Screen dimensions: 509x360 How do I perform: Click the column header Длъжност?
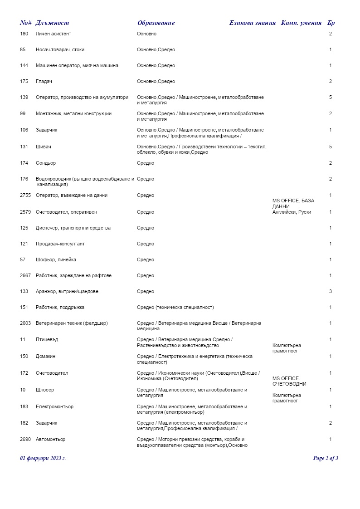pos(52,23)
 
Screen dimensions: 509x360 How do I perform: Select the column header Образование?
pos(156,23)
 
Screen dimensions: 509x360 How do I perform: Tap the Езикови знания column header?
pos(252,23)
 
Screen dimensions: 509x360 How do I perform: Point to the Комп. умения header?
pos(302,23)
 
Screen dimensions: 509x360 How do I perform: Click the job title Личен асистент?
pos(54,34)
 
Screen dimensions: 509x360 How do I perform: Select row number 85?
pos(23,50)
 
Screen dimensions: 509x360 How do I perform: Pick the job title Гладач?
pos(44,82)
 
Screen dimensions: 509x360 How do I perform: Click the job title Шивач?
pos(43,147)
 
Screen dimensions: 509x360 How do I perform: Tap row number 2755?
pos(26,196)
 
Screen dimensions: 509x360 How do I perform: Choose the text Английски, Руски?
pos(292,212)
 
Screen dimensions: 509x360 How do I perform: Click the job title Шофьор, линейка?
pos(56,260)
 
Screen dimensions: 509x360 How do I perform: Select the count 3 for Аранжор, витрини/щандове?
pos(331,292)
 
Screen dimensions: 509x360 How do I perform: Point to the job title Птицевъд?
pos(47,340)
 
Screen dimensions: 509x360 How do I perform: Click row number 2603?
pos(26,323)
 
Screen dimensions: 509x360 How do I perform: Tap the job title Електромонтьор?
pos(54,407)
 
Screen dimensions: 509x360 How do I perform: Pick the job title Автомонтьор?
pos(51,440)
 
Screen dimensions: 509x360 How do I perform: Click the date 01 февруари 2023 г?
pos(43,458)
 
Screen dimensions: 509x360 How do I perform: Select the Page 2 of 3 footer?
pos(326,458)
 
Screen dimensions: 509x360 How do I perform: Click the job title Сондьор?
pos(46,163)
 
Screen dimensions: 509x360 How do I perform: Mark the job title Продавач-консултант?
pos(60,244)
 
